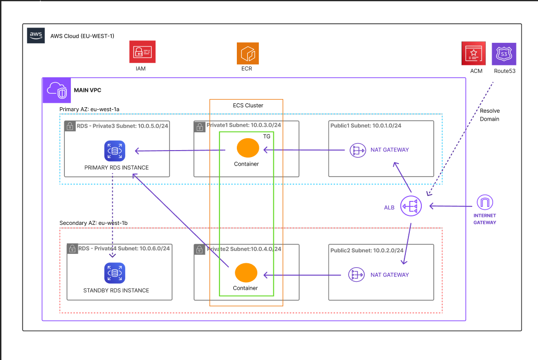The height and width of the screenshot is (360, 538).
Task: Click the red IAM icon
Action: click(143, 52)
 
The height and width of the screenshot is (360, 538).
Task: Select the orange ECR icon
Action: click(248, 53)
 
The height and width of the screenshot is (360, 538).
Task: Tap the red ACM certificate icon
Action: click(474, 53)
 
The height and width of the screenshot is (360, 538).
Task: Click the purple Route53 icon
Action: click(504, 54)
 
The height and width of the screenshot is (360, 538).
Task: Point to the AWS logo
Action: click(36, 35)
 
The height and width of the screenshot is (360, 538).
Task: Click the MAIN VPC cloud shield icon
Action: click(57, 90)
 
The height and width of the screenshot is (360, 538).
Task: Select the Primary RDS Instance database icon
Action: click(115, 151)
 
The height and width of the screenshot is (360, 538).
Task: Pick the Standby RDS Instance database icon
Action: click(115, 273)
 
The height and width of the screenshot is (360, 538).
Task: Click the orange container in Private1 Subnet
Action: click(248, 148)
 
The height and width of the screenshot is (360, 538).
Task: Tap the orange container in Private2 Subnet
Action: click(246, 273)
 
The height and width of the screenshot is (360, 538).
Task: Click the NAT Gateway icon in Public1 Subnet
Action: click(358, 150)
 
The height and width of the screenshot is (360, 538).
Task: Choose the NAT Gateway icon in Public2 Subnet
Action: click(357, 275)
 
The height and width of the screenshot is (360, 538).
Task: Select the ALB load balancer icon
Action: click(411, 206)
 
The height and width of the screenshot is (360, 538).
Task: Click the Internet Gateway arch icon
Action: click(485, 202)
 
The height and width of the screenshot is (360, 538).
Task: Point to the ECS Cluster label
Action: click(248, 105)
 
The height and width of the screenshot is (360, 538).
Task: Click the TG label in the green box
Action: click(267, 136)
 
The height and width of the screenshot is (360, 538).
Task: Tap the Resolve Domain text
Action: click(490, 115)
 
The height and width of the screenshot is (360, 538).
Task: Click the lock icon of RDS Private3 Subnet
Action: click(70, 126)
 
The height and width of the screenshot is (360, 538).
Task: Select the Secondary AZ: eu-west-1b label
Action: click(93, 223)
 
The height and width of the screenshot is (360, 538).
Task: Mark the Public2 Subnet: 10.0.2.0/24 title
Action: click(367, 250)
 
